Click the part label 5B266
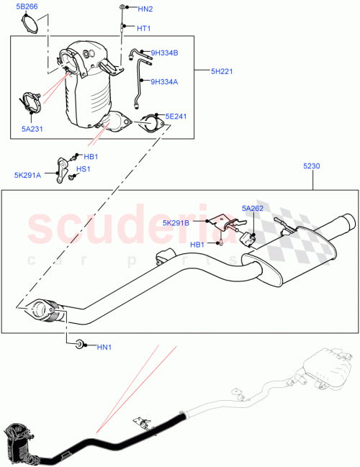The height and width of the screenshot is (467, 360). click(x=28, y=7)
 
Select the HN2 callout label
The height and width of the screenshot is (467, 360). click(x=145, y=9)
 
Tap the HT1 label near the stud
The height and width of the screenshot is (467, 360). click(x=144, y=29)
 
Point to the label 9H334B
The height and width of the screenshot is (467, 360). click(x=164, y=53)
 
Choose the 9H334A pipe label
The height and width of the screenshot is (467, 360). click(x=163, y=81)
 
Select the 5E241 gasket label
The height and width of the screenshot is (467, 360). click(x=175, y=116)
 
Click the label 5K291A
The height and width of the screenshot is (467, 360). click(x=28, y=173)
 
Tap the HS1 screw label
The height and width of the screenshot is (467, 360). click(x=84, y=169)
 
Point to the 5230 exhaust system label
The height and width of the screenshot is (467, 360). click(x=312, y=166)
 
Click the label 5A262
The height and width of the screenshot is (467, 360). click(x=253, y=209)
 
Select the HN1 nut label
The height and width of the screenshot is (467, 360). click(x=104, y=348)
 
